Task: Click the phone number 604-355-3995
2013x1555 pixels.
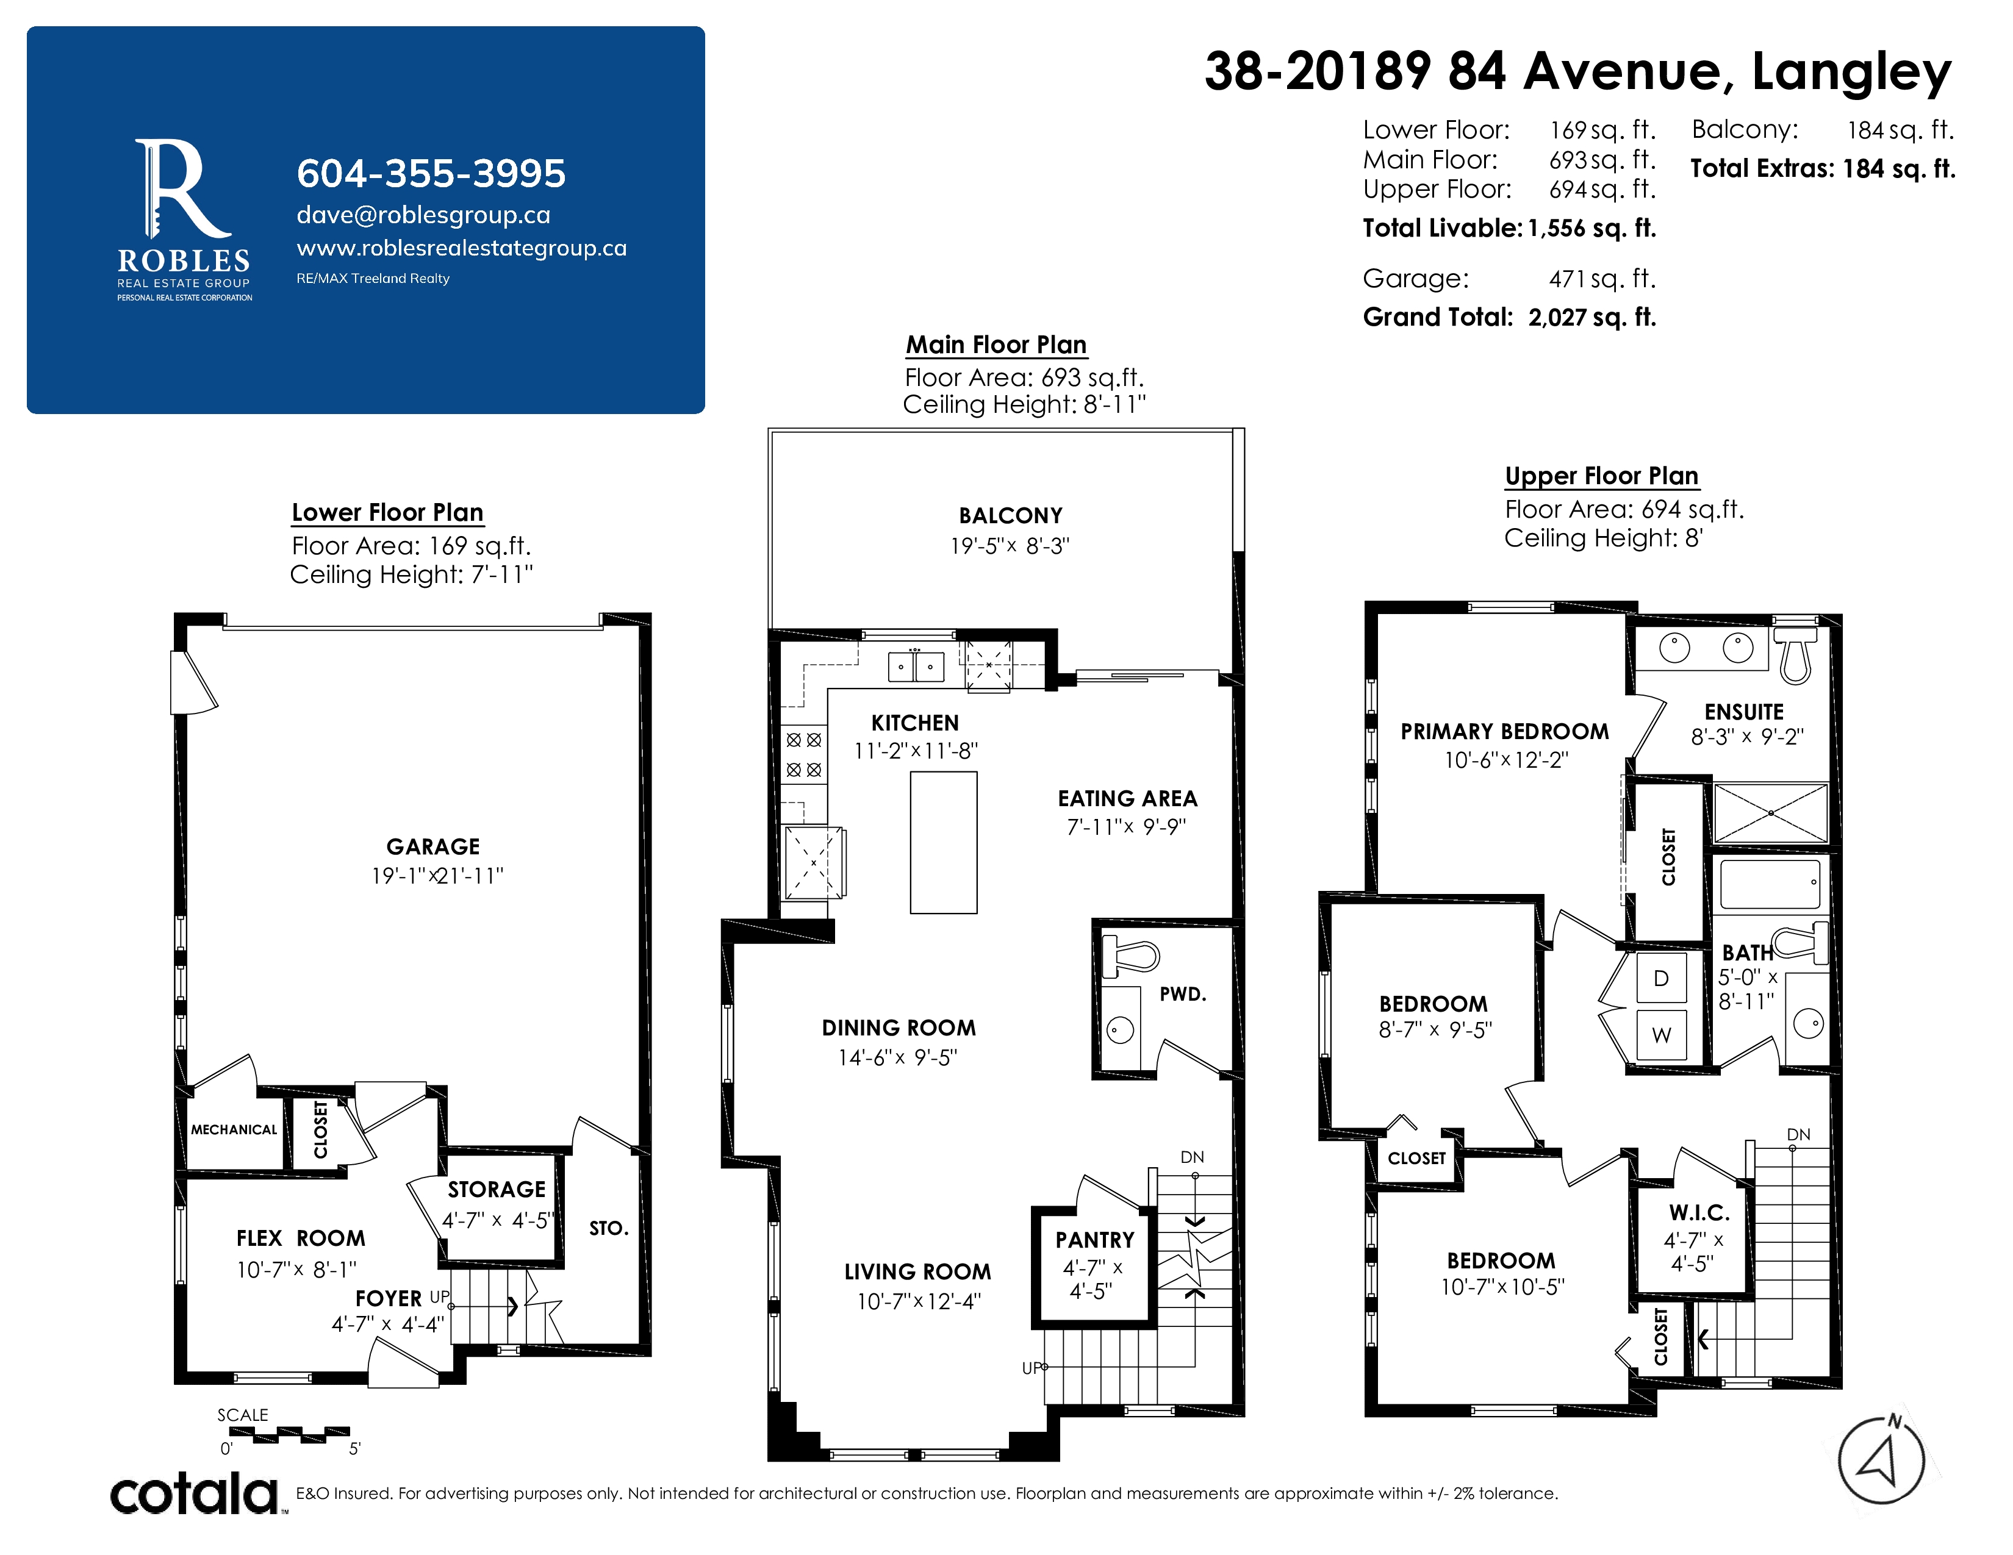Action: point(431,173)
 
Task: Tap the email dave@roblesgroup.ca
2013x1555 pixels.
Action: point(423,215)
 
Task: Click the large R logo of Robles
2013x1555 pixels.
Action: point(182,190)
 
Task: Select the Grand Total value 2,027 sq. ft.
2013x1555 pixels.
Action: point(1591,317)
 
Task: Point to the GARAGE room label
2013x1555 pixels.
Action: point(433,846)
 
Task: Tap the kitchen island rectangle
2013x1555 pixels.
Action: point(943,842)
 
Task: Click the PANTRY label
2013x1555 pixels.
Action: point(1095,1240)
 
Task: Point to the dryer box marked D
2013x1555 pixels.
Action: point(1661,978)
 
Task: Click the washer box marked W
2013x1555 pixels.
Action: point(1661,1034)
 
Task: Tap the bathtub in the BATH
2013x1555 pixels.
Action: point(1770,884)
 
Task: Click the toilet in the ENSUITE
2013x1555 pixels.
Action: point(1795,654)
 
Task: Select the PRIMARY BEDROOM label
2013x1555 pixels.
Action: point(1504,731)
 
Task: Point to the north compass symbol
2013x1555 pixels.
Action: point(1881,1460)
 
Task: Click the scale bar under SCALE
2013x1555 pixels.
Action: point(289,1434)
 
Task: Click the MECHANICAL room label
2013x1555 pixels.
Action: point(234,1129)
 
